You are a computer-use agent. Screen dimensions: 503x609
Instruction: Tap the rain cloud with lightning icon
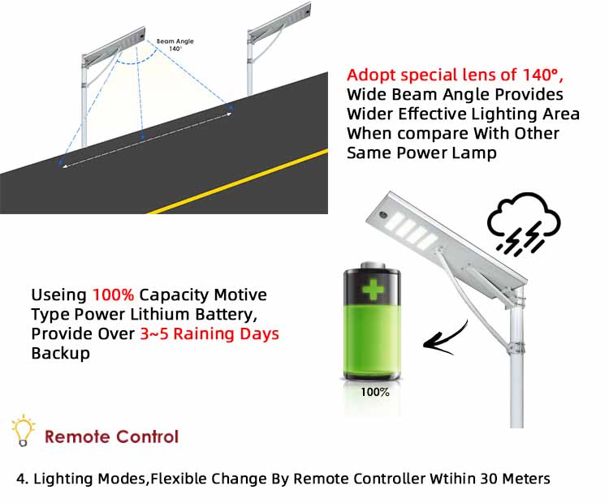tap(523, 223)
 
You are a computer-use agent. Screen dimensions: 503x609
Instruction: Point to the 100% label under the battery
tap(375, 392)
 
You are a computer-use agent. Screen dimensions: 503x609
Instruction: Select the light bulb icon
tap(23, 431)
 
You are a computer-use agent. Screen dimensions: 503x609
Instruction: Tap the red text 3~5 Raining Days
tap(209, 334)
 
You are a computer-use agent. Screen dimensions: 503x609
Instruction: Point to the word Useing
tap(58, 294)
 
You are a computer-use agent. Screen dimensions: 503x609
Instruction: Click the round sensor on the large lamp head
tap(382, 217)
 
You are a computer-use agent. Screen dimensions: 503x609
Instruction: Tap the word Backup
tap(60, 354)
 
